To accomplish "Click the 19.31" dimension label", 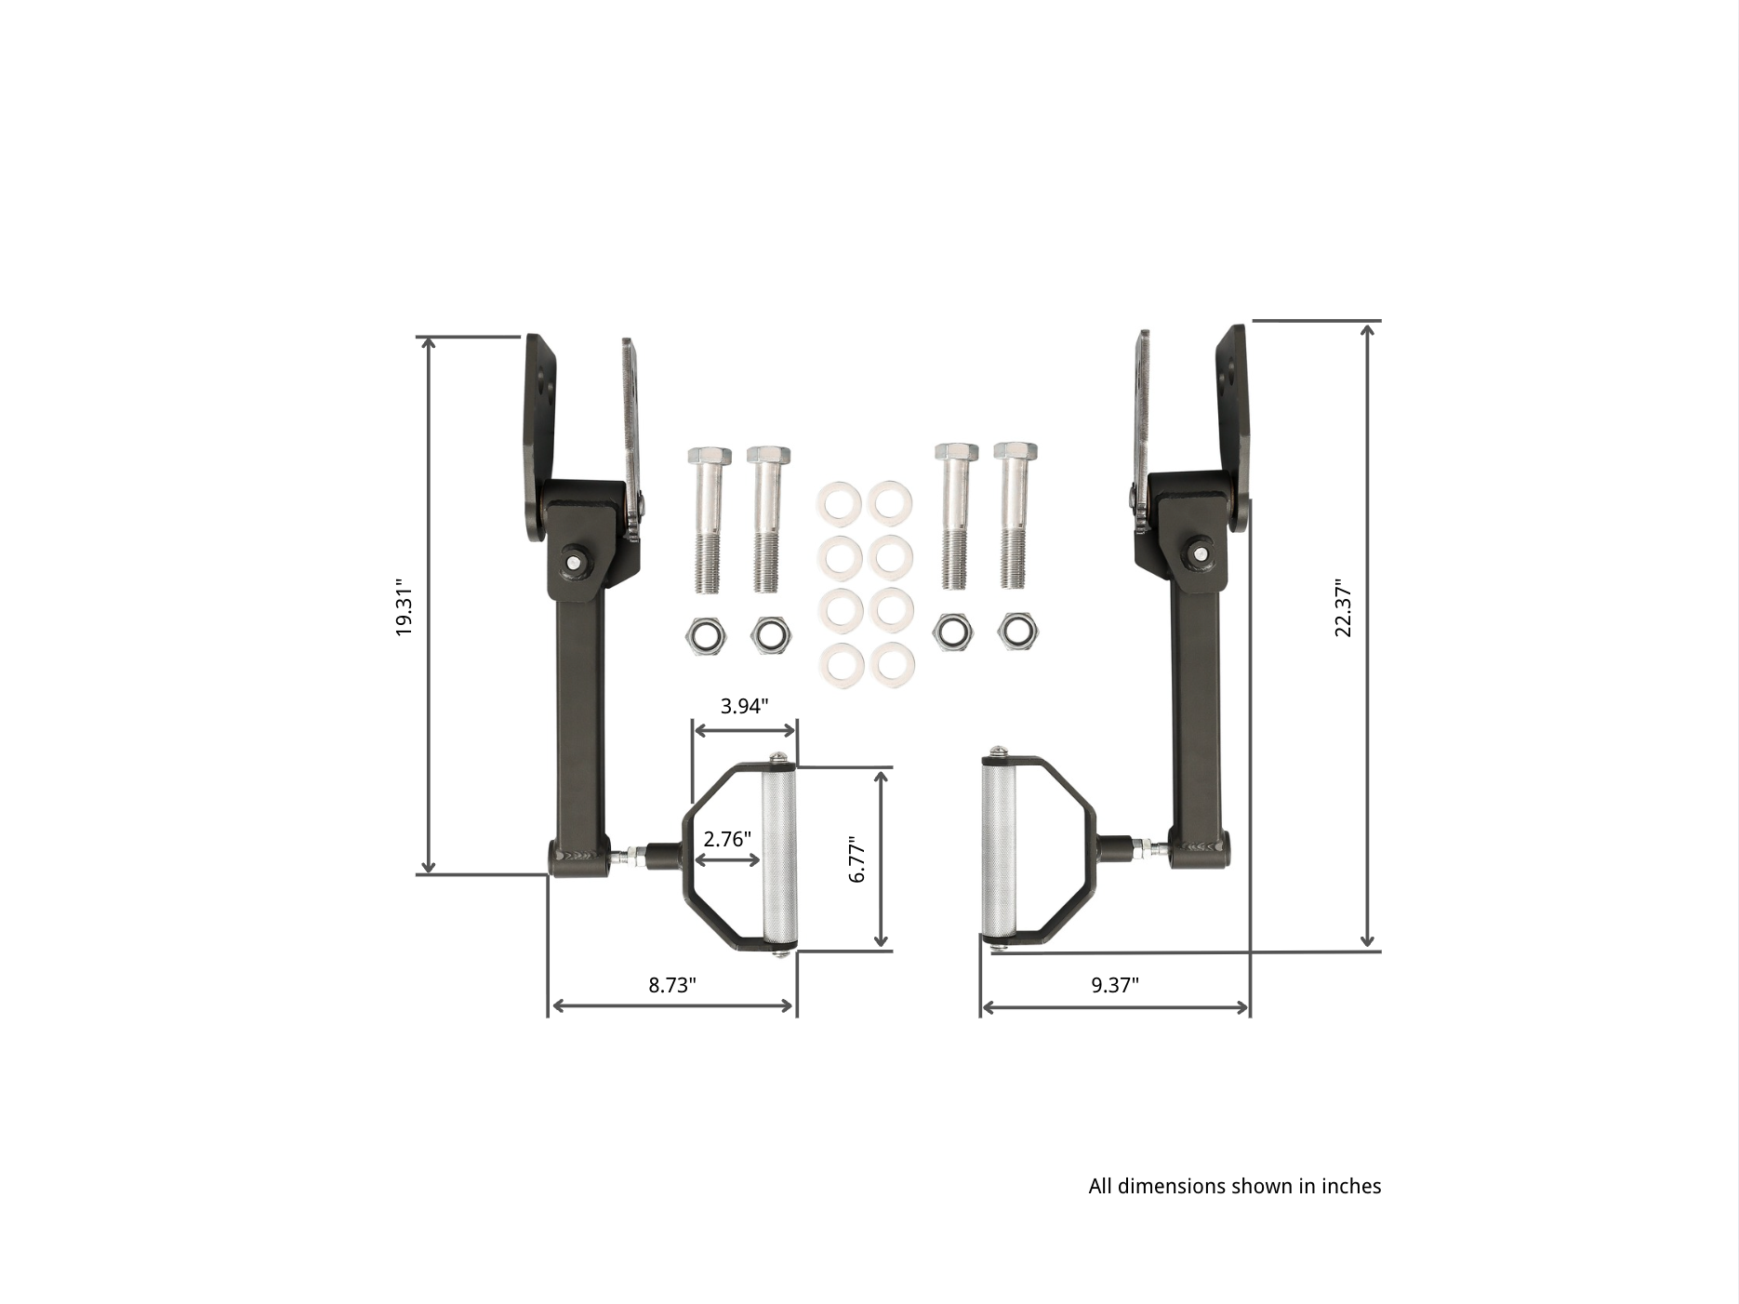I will pos(404,606).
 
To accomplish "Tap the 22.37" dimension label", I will pos(1343,609).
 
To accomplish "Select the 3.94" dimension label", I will pos(744,706).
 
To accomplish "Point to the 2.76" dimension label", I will pos(726,839).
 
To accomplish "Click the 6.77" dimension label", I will pos(857,858).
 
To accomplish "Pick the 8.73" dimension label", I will pos(671,985).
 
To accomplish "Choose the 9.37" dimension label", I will pos(1114,985).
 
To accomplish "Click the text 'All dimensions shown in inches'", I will pos(1234,1186).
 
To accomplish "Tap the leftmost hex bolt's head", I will pos(709,457).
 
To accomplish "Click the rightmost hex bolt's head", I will pos(1015,453).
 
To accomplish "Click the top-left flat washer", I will pos(839,503).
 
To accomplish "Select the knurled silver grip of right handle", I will pos(999,848).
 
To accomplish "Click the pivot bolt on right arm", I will pos(1200,554).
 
